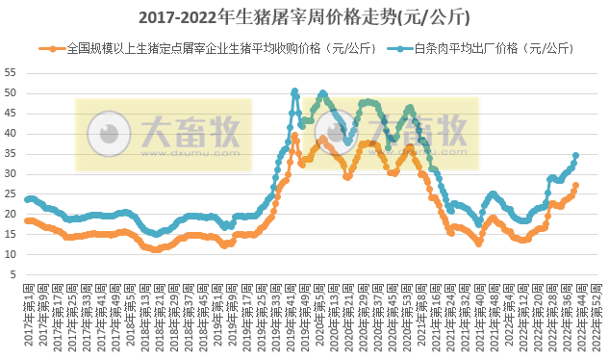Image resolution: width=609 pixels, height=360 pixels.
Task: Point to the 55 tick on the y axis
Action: pyautogui.click(x=10, y=72)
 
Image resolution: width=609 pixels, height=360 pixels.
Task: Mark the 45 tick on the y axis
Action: pyautogui.click(x=10, y=113)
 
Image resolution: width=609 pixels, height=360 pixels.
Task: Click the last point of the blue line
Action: pyautogui.click(x=576, y=155)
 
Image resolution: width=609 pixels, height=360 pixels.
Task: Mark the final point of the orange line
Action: pyautogui.click(x=576, y=185)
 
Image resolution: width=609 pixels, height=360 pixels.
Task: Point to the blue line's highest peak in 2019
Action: pyautogui.click(x=294, y=91)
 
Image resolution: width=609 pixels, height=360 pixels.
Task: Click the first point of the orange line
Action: pyautogui.click(x=27, y=220)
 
